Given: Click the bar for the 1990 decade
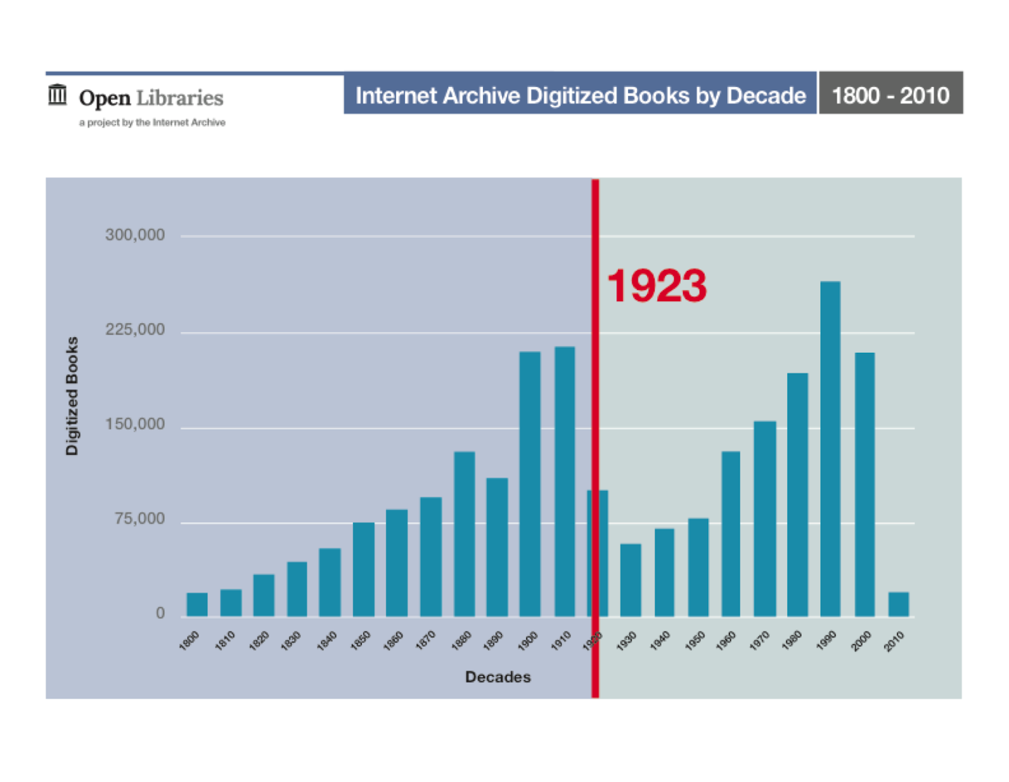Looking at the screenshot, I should coord(830,449).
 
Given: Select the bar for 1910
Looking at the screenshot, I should coord(564,481).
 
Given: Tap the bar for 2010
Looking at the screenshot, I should coord(898,604).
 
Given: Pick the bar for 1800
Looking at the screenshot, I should coord(197,604).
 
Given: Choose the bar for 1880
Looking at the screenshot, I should coord(464,533).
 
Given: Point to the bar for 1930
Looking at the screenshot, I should coord(631,579).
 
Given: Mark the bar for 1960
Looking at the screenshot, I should coord(731,533).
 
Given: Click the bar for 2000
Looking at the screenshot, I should coord(865,484).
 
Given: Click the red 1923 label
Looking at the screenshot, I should coord(656,286).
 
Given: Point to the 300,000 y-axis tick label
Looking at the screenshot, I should coord(135,235).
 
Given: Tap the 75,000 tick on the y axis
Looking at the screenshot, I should coord(139,519).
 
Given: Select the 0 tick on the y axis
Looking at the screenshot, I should coord(160,613).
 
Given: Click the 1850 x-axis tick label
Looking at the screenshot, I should coord(360,641).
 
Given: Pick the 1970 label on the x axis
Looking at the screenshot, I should coord(759,641).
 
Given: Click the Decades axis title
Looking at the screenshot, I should coord(498,677).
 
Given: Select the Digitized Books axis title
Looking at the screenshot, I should coord(73,396).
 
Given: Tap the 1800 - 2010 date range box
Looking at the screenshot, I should coord(890,95).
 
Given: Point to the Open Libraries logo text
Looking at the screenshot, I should coord(151,98).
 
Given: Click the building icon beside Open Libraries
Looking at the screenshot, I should coord(57,95).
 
